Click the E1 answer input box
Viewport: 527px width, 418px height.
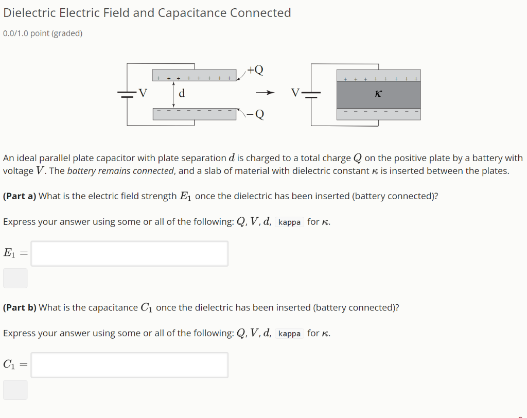tap(129, 253)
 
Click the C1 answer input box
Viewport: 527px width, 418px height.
tap(129, 365)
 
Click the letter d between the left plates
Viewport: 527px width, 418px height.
tap(182, 94)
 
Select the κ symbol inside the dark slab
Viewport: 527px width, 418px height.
tap(378, 94)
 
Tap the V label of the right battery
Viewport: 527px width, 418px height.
tap(294, 94)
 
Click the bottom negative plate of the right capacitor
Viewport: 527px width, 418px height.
tap(378, 114)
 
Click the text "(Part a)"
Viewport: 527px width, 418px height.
tap(20, 196)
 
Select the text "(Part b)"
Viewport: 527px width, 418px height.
tap(20, 308)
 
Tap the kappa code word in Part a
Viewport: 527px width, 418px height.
tap(289, 222)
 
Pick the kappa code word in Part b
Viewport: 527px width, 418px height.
tap(289, 334)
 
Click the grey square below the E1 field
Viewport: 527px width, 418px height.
tap(15, 278)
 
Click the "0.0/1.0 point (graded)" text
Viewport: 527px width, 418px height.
tap(43, 34)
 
